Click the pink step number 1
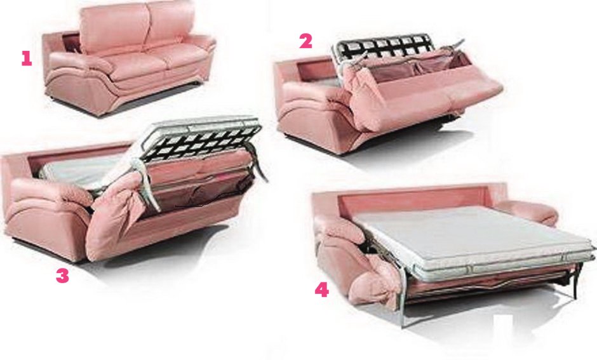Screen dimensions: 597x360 pos(26,58)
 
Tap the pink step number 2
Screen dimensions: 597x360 pos(305,41)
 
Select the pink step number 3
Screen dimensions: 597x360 pos(62,276)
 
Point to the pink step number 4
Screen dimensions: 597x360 pos(322,290)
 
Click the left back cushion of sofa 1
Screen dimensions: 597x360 pos(114,29)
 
